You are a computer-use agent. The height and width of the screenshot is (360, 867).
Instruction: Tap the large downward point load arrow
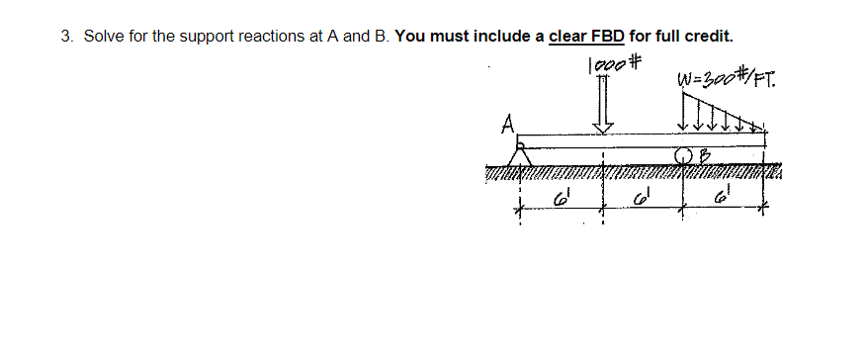(x=602, y=108)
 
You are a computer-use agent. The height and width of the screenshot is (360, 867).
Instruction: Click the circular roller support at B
(x=683, y=156)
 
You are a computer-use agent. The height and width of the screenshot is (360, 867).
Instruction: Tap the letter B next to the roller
(x=705, y=154)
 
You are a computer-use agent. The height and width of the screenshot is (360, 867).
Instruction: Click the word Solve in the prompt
(x=102, y=37)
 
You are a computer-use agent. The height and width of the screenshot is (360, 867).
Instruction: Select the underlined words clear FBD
(x=586, y=37)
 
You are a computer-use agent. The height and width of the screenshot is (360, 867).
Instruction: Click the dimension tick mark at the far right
(x=762, y=210)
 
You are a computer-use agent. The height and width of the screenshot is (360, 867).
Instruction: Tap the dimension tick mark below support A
(x=517, y=210)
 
